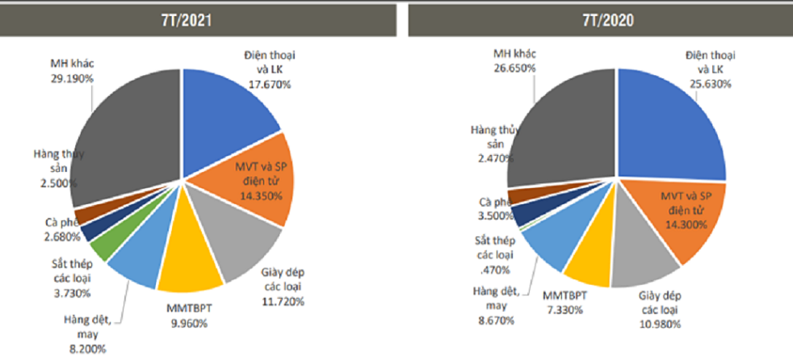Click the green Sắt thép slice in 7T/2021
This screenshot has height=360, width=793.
[100, 245]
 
